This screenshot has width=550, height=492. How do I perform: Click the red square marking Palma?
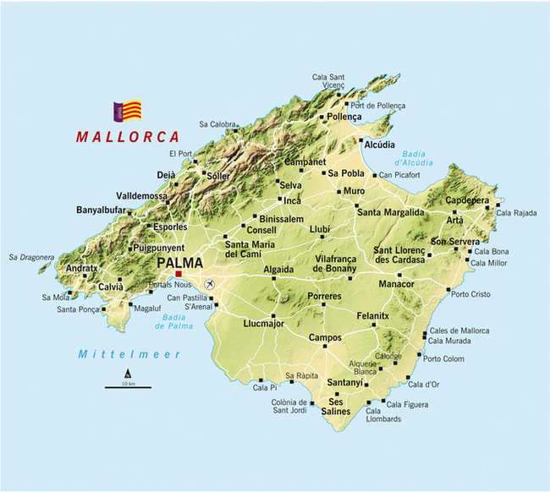click(178, 274)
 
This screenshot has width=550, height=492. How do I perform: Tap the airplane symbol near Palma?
click(208, 282)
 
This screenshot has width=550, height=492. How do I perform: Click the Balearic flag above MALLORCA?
click(128, 111)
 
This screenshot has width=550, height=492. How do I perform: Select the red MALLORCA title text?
click(128, 136)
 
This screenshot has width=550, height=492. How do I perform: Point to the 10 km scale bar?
click(128, 386)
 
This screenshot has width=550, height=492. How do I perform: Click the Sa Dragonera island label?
click(31, 257)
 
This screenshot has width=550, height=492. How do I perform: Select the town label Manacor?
click(395, 284)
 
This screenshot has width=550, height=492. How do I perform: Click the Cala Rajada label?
click(516, 213)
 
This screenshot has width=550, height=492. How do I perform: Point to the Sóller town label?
click(218, 175)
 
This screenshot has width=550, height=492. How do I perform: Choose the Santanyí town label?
click(344, 383)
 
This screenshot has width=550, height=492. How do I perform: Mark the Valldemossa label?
click(141, 194)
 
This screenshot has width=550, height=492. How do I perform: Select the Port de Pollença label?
click(377, 106)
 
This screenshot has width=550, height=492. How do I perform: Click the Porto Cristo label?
click(470, 294)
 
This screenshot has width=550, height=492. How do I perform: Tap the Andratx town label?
click(82, 269)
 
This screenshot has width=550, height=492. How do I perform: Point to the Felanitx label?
click(372, 315)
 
